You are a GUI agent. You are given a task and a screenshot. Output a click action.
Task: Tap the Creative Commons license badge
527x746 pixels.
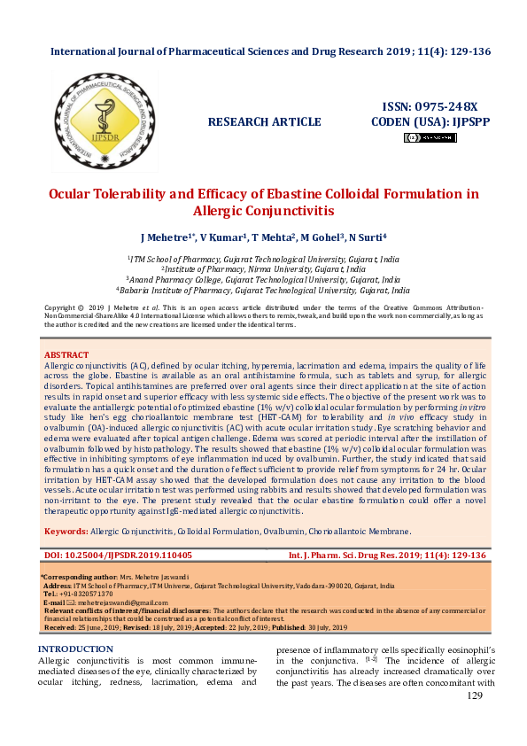click(x=430, y=137)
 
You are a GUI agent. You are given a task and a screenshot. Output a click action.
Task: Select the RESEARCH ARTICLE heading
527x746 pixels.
click(x=264, y=121)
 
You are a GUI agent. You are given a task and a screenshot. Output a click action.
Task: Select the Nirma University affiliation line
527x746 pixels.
click(x=263, y=268)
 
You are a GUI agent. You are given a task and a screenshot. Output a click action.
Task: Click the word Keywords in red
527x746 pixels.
click(x=66, y=532)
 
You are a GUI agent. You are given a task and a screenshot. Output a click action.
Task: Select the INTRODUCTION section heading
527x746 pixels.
click(x=75, y=649)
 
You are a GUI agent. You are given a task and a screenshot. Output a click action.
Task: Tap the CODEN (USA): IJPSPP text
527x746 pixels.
click(x=430, y=121)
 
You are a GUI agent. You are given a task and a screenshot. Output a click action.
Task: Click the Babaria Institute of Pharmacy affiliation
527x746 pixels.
click(x=263, y=290)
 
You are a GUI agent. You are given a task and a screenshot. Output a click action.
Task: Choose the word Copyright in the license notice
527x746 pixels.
click(x=61, y=307)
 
